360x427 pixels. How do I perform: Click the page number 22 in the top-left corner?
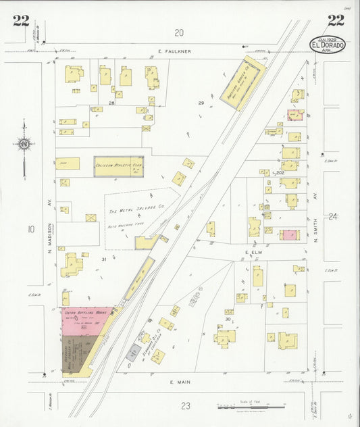(x=20, y=20)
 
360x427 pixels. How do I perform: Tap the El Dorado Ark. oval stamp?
(x=328, y=45)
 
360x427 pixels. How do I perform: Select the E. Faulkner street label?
(x=176, y=51)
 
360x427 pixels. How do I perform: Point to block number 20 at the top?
(x=178, y=32)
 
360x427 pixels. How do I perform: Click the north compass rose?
(x=24, y=143)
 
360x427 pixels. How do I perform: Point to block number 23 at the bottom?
(x=186, y=405)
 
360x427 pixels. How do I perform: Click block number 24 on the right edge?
(x=332, y=216)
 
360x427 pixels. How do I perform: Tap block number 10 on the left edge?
(x=30, y=230)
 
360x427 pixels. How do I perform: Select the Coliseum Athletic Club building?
(x=118, y=166)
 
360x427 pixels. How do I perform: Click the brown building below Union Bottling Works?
(x=72, y=353)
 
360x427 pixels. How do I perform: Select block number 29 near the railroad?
(x=201, y=103)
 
